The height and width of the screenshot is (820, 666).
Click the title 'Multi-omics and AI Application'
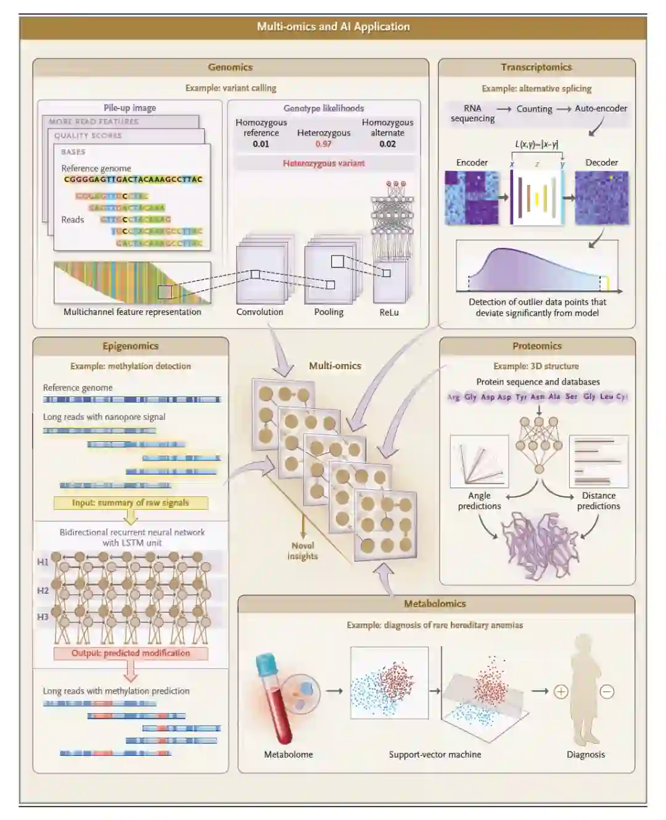pyautogui.click(x=333, y=27)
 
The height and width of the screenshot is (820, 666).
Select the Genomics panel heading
pyautogui.click(x=230, y=67)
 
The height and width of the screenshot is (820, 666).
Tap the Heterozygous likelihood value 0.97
pyautogui.click(x=323, y=144)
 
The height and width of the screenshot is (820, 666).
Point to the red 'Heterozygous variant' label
pyautogui.click(x=324, y=163)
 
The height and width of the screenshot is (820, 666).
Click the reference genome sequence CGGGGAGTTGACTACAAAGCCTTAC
pyautogui.click(x=133, y=179)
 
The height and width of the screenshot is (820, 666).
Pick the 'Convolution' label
pyautogui.click(x=260, y=312)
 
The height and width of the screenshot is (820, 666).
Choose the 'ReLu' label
pyautogui.click(x=388, y=313)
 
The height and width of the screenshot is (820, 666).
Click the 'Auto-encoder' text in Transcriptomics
pyautogui.click(x=601, y=109)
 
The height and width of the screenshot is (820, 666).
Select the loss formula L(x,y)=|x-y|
pyautogui.click(x=536, y=144)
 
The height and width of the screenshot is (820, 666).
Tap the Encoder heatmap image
pyautogui.click(x=472, y=197)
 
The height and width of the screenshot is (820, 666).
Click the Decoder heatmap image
pyautogui.click(x=602, y=197)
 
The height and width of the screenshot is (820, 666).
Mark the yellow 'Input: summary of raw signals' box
pyautogui.click(x=131, y=502)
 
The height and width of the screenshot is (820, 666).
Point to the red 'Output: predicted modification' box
pyautogui.click(x=131, y=653)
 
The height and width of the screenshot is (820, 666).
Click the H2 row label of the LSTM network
pyautogui.click(x=43, y=591)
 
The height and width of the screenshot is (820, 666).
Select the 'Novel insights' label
pyautogui.click(x=302, y=551)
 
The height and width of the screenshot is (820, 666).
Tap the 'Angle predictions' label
pyautogui.click(x=479, y=501)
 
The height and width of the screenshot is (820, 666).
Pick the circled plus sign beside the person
pyautogui.click(x=561, y=691)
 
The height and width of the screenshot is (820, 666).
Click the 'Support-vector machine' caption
pyautogui.click(x=435, y=755)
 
